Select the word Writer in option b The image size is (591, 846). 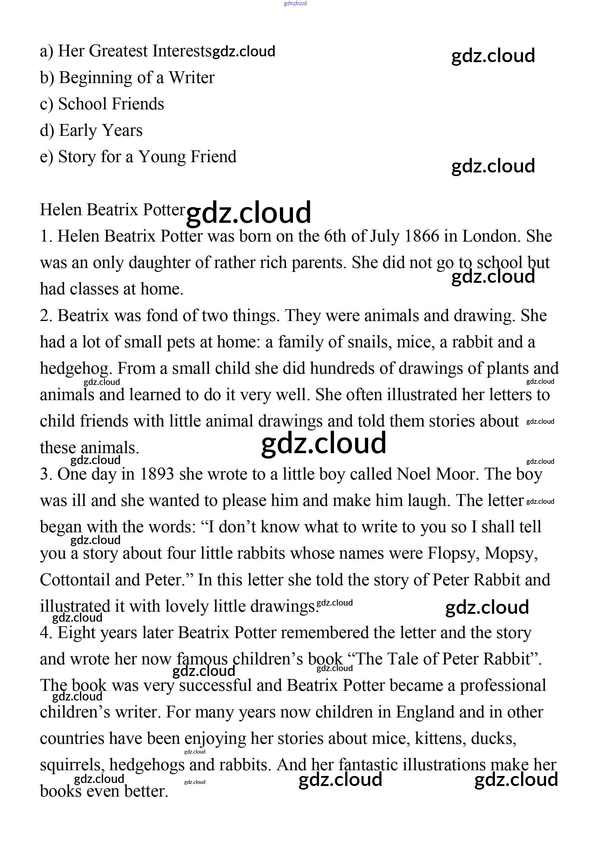coord(191,78)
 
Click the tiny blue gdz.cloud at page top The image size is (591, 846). coord(295,3)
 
